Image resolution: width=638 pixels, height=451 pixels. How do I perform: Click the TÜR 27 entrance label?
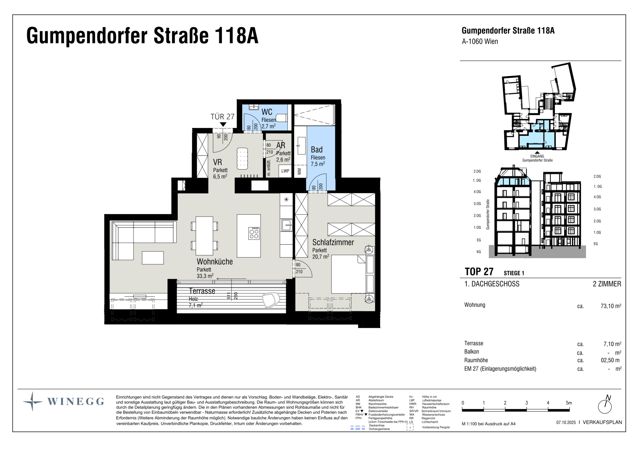pos(222,117)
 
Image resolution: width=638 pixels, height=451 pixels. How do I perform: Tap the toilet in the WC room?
pos(282,118)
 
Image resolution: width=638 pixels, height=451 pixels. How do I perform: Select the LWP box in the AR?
pos(285,171)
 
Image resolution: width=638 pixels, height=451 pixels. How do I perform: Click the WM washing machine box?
pos(299,171)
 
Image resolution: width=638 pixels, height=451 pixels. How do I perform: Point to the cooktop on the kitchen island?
pos(254,233)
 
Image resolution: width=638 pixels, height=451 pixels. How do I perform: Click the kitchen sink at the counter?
pos(287,225)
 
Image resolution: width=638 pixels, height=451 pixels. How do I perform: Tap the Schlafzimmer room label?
pos(333,242)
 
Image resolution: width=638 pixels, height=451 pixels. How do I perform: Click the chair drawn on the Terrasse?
pos(271,300)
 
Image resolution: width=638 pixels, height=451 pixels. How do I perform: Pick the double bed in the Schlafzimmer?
pos(349,274)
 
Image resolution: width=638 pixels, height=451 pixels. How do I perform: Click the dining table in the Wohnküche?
pos(204,236)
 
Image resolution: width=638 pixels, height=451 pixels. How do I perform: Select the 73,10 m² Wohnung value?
pos(611,306)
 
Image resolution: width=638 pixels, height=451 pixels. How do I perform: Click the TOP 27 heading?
pos(479,272)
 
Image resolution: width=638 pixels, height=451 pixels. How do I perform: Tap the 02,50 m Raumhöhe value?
pos(610,360)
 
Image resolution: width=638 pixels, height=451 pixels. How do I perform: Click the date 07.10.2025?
pos(566,422)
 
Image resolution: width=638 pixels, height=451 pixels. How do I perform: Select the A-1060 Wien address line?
pos(480,41)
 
